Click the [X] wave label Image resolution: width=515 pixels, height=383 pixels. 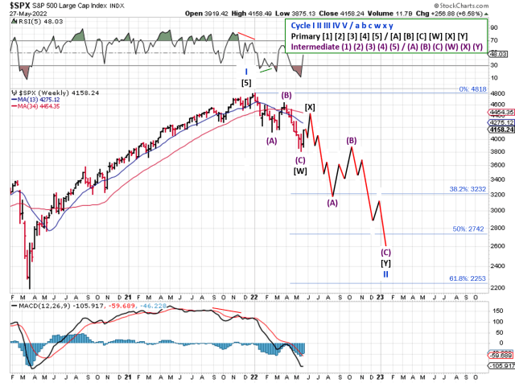[x=310, y=107]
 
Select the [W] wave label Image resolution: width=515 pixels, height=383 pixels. [x=300, y=171]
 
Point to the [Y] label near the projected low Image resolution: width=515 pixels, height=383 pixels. [x=385, y=262]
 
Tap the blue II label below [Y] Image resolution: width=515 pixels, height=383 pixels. [x=385, y=274]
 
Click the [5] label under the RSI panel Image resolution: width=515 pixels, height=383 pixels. [x=247, y=82]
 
